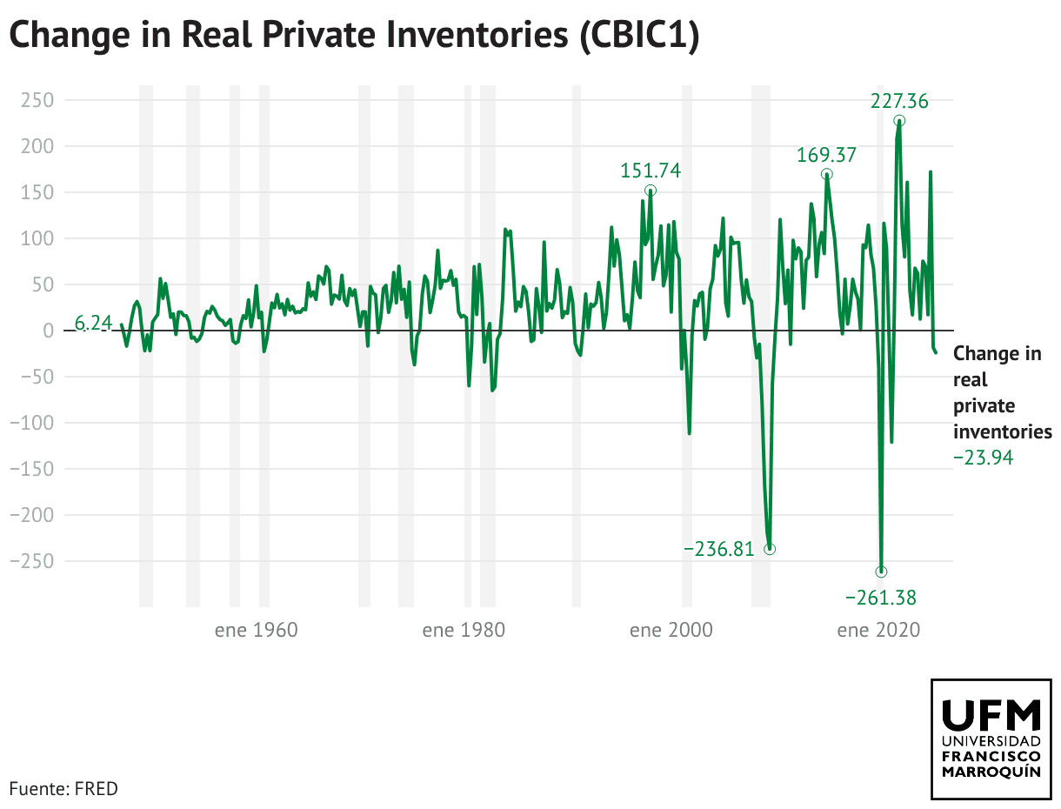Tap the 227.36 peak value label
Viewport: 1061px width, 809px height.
(x=899, y=102)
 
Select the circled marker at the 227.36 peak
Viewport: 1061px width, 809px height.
(x=899, y=121)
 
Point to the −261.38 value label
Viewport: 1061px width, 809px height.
(x=881, y=598)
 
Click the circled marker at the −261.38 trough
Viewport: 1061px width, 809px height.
(x=881, y=572)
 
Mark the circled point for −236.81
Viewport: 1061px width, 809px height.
(x=770, y=549)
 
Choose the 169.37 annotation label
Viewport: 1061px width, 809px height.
(x=827, y=156)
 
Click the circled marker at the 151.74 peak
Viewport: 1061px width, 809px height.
(x=651, y=191)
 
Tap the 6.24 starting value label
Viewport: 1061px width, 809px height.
(x=93, y=324)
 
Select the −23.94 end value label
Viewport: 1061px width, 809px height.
(x=984, y=457)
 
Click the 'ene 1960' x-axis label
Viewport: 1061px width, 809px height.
(x=257, y=630)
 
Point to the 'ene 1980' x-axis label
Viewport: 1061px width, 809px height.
(x=464, y=630)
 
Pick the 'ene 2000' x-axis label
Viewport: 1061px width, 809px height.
(x=671, y=630)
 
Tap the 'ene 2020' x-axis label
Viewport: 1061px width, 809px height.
(x=878, y=630)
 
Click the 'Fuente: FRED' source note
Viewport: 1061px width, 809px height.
(x=63, y=789)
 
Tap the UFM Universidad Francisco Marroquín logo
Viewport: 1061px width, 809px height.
(x=991, y=739)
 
